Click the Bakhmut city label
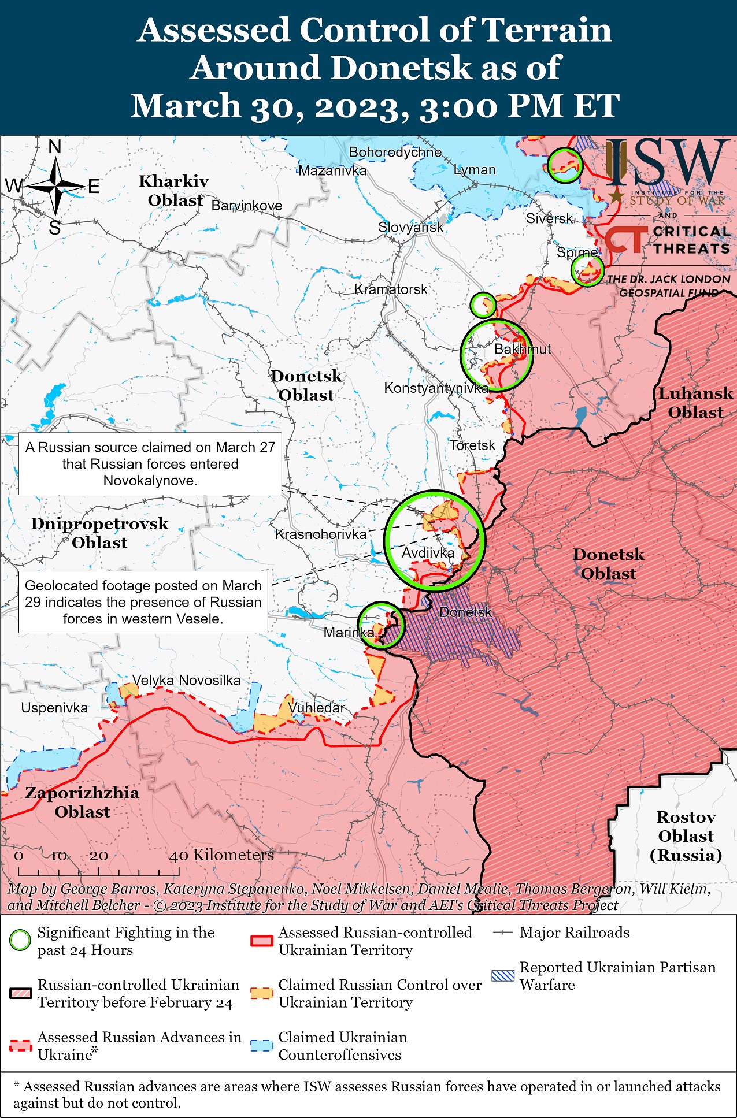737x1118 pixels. [522, 349]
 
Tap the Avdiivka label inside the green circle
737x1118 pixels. [428, 553]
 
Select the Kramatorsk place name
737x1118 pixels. [391, 289]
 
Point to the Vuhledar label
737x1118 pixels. [316, 708]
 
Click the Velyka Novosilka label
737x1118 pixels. [186, 680]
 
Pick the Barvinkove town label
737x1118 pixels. [247, 206]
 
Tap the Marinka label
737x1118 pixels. [349, 632]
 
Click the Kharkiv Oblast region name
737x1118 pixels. [174, 191]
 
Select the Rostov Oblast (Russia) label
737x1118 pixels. [686, 836]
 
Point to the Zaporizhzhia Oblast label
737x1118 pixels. [82, 802]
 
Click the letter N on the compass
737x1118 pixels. [55, 147]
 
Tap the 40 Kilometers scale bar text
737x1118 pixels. [221, 855]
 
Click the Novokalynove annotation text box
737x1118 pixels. [150, 464]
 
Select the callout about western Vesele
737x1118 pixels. [143, 602]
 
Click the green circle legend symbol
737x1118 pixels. [20, 941]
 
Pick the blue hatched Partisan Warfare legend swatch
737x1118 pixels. [502, 976]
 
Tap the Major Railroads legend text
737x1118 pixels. [574, 933]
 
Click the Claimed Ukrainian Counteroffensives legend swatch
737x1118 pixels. [261, 1046]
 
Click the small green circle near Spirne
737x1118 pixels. [587, 269]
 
